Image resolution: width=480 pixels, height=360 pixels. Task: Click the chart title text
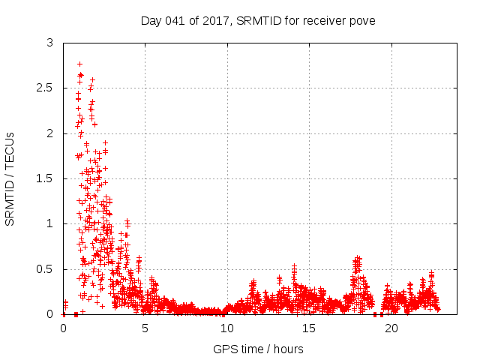[x=258, y=20]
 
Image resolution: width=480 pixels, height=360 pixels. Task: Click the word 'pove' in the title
[x=362, y=20]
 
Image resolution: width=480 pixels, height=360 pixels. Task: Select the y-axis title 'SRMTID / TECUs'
[x=10, y=178]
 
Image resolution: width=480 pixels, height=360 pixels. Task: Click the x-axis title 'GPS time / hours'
[x=258, y=349]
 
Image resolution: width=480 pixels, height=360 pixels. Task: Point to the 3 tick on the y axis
[x=49, y=43]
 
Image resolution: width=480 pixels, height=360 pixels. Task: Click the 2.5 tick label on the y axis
[x=45, y=88]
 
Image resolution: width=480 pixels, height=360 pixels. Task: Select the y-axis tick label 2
[x=49, y=133]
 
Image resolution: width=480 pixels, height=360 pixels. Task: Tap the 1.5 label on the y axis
[x=45, y=178]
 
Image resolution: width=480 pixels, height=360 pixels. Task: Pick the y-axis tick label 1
[x=49, y=223]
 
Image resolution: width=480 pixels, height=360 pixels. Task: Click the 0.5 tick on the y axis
[x=45, y=269]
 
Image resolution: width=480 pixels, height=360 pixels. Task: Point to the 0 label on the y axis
[x=49, y=314]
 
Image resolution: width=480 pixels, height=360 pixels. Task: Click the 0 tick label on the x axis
[x=63, y=328]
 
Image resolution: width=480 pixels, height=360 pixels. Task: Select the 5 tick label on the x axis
[x=145, y=328]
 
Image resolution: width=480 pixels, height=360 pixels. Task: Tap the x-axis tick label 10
[x=226, y=328]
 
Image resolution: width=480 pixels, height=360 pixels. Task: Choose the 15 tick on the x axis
[x=308, y=328]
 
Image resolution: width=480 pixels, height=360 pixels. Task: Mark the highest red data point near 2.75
[x=79, y=64]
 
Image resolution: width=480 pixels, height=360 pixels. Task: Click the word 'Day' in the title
[x=151, y=20]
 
